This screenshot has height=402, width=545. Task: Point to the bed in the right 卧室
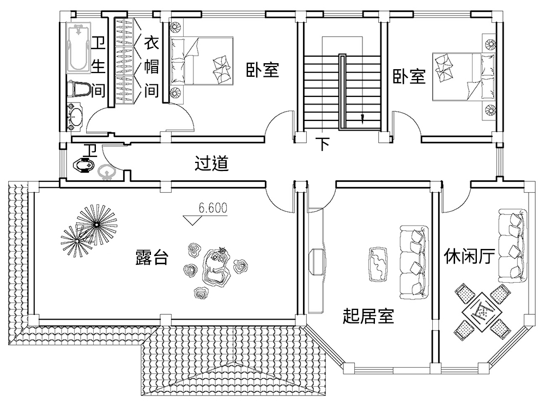461,76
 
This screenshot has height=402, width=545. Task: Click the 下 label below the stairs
323,144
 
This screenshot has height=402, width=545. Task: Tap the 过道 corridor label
211,163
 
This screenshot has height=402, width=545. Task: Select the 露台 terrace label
152,258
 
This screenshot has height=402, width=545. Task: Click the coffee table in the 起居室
378,264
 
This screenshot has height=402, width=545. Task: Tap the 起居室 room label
368,315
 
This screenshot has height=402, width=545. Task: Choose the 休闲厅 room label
469,255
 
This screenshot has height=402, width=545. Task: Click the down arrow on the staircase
362,117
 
